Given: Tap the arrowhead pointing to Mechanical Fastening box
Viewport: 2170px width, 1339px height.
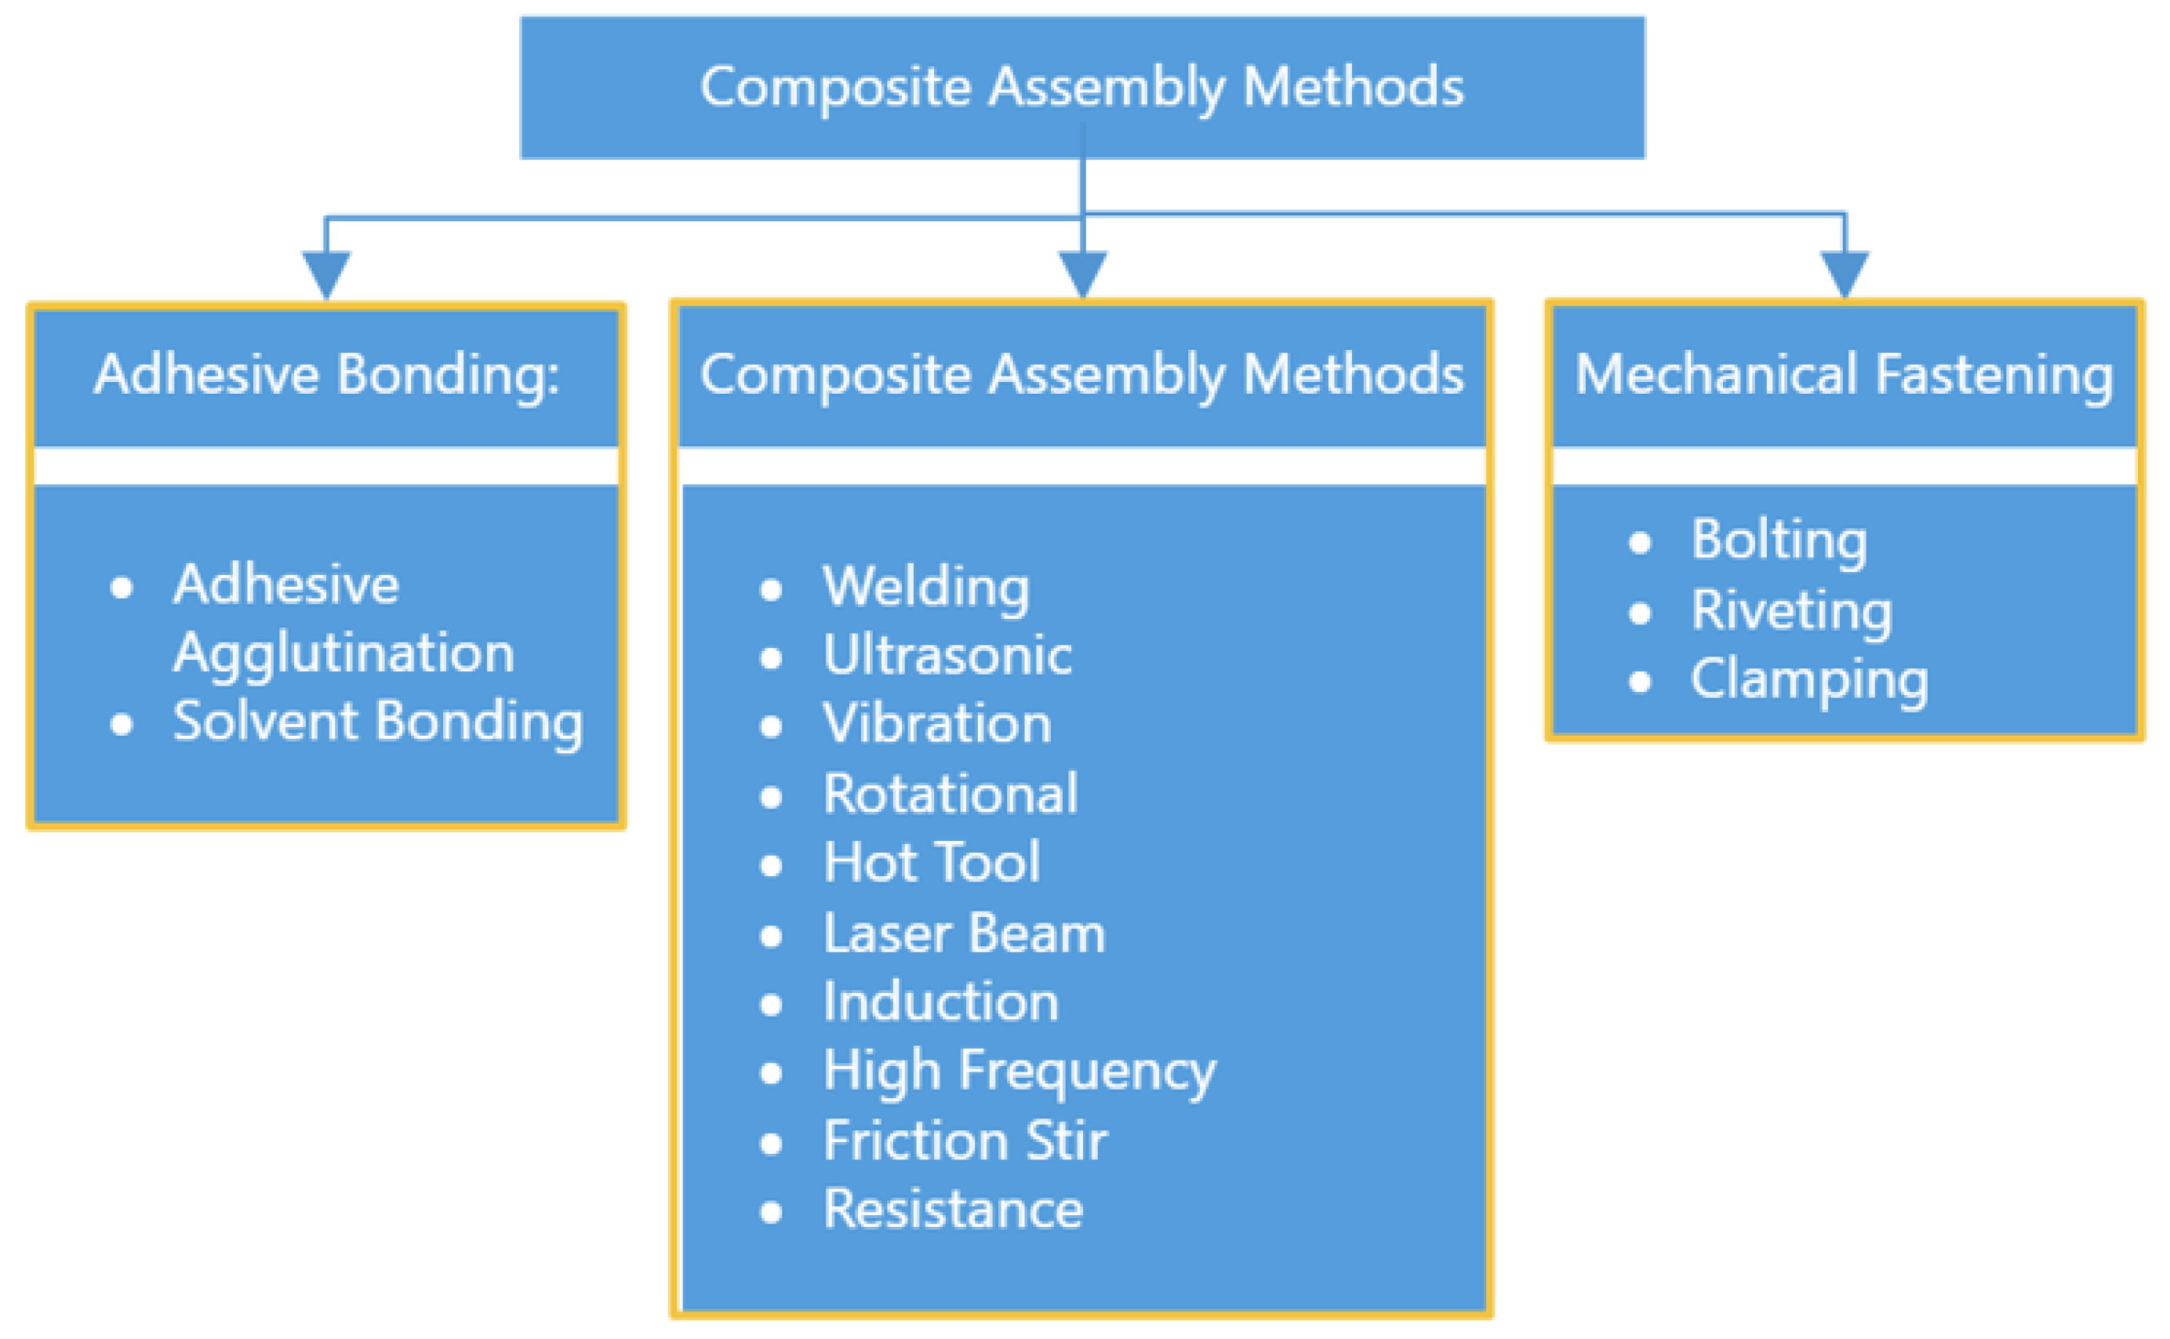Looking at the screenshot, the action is (1845, 275).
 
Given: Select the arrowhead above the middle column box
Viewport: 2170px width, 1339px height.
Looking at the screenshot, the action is (1083, 275).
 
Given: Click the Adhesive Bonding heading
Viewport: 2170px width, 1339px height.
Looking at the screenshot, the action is (327, 376).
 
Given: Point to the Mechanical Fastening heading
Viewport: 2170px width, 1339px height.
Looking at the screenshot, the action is (1845, 376).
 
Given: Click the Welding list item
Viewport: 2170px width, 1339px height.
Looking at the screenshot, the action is (926, 588).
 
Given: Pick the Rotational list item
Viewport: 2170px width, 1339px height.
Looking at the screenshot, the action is (951, 794).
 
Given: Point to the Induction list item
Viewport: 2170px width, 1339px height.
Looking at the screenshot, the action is (941, 1002).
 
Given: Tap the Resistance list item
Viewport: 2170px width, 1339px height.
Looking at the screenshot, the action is (954, 1210).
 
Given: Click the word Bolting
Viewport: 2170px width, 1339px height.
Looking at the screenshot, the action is (1779, 541).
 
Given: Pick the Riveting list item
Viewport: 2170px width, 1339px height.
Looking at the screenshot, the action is (1792, 612).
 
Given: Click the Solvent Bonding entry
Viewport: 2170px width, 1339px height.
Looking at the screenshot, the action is (378, 722).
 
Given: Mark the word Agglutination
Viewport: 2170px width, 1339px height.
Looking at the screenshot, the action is (343, 654).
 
